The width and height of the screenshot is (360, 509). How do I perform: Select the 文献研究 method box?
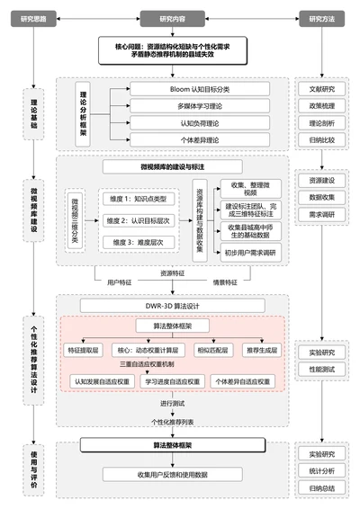(320, 89)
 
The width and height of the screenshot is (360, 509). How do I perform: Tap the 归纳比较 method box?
(320, 139)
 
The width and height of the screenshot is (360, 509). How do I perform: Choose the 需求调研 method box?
(320, 215)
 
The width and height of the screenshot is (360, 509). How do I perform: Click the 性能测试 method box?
(320, 369)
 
